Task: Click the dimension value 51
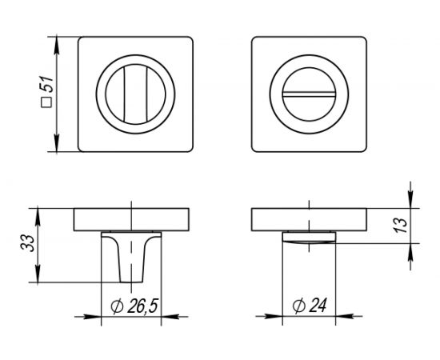pyautogui.click(x=46, y=82)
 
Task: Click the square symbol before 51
pyautogui.click(x=46, y=102)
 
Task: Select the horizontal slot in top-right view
pyautogui.click(x=308, y=94)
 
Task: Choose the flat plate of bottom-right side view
pyautogui.click(x=308, y=218)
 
